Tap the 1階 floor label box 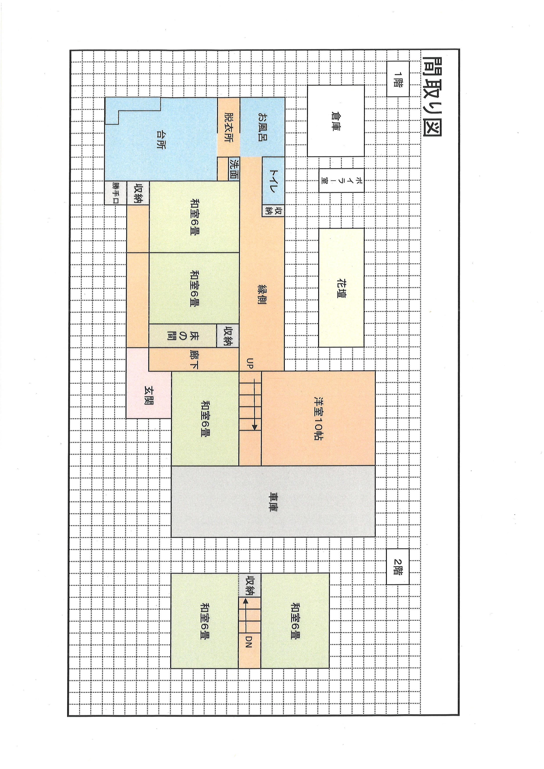[x=398, y=79]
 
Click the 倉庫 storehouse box [x=336, y=121]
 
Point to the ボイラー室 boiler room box [x=341, y=180]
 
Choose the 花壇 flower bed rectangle [x=341, y=288]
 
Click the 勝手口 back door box [x=116, y=193]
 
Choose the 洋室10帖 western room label [x=319, y=418]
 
